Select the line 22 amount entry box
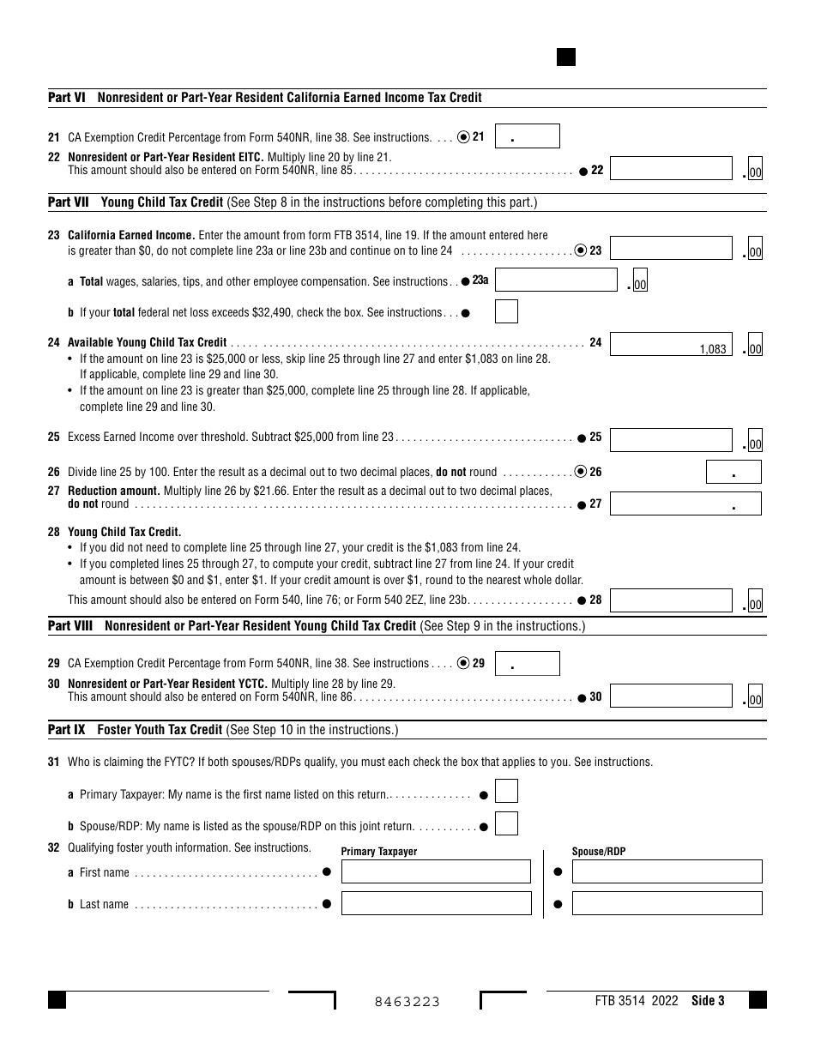click(x=671, y=169)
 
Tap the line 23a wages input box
click(x=556, y=280)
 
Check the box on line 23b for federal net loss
click(x=506, y=311)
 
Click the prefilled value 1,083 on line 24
click(x=712, y=349)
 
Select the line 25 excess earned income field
click(x=671, y=439)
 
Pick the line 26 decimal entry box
click(x=733, y=473)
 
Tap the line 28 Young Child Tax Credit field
click(x=671, y=600)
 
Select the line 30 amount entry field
click(x=671, y=696)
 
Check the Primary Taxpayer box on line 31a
click(x=506, y=792)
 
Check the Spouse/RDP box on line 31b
click(x=506, y=824)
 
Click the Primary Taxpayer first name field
click(x=436, y=871)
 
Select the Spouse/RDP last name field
click(x=667, y=903)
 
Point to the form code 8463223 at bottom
click(x=407, y=1002)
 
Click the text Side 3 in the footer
click(x=708, y=1000)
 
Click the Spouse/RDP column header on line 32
click(x=599, y=852)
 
